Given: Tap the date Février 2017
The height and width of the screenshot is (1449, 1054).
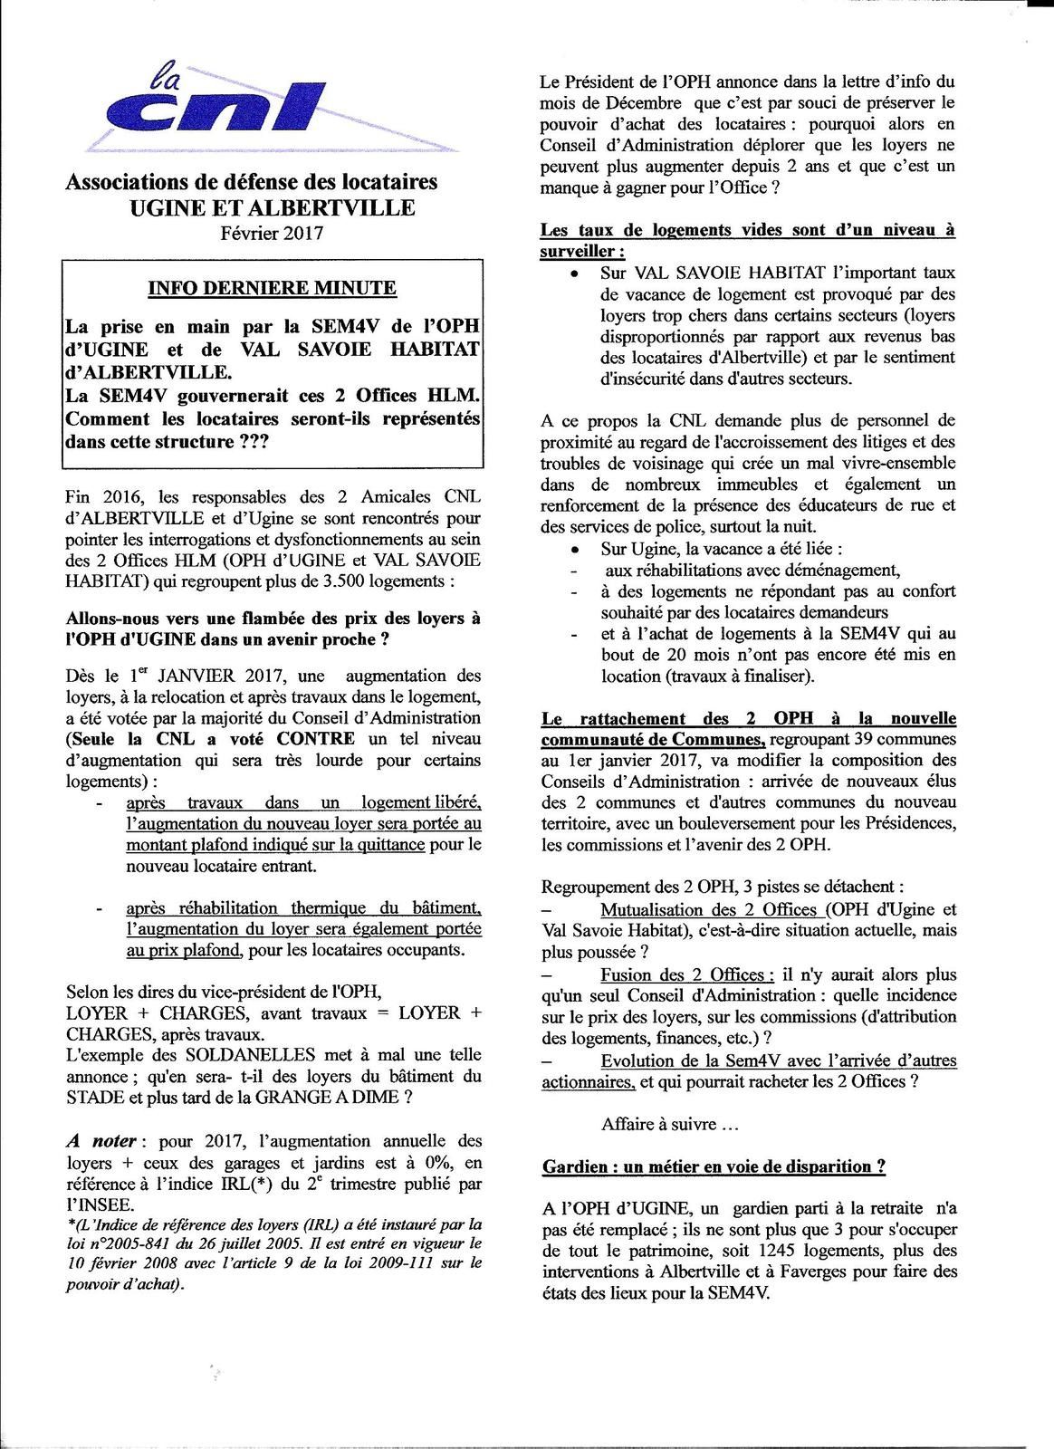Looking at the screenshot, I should click(x=272, y=233).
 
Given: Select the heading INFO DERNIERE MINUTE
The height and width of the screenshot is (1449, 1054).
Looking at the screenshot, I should click(x=272, y=288).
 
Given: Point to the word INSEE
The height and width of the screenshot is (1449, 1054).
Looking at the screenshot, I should click(x=100, y=1204).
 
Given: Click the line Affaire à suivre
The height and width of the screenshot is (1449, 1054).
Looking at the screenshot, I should click(x=670, y=1125).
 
